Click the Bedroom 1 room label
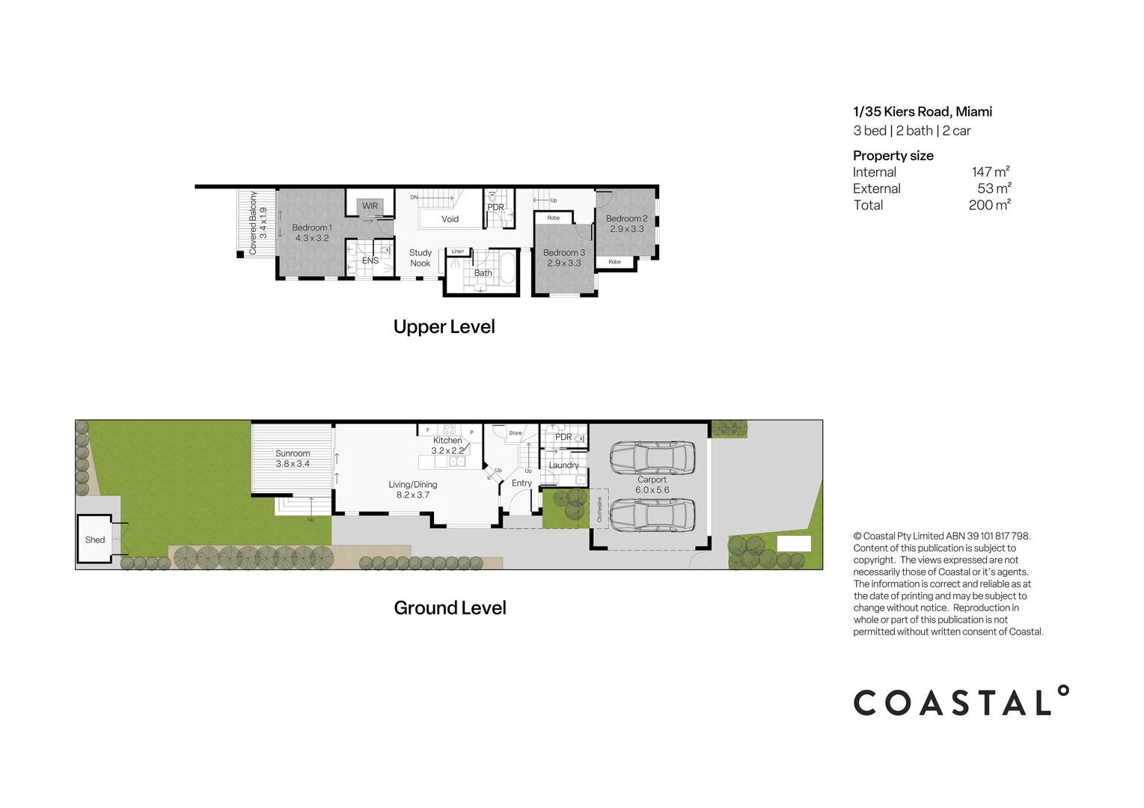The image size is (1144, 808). [312, 227]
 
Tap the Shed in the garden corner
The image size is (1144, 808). [95, 539]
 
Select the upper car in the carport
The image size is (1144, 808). [652, 457]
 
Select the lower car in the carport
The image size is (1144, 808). [652, 515]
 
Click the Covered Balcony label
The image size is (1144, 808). [253, 223]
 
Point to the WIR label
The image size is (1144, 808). [370, 206]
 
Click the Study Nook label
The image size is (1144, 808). [420, 258]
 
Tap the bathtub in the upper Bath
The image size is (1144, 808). [507, 269]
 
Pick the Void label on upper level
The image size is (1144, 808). [450, 219]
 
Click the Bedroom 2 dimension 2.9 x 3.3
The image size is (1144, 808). [627, 229]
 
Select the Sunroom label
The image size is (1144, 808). [293, 453]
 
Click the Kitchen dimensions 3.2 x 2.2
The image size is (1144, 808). [447, 450]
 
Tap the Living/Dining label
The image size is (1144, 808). [413, 485]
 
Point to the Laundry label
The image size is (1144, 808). [563, 465]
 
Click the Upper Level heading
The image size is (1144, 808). [444, 327]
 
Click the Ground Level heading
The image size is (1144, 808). [450, 608]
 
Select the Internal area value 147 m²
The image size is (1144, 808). [991, 172]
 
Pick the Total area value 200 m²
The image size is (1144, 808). [989, 205]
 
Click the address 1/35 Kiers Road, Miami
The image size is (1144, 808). [923, 111]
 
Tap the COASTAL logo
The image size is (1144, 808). [961, 702]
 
